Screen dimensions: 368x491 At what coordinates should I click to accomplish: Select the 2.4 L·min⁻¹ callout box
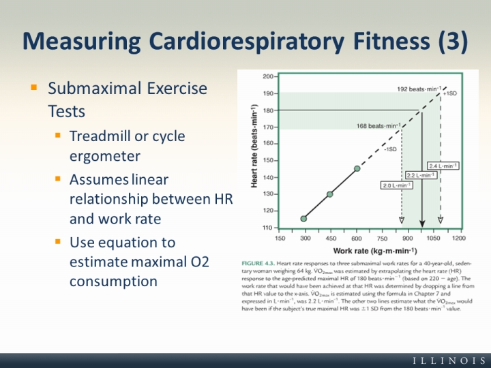[x=443, y=166]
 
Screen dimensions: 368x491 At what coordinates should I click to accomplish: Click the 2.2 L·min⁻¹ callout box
[x=421, y=175]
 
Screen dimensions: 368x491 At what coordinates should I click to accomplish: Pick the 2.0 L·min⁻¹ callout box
[x=396, y=185]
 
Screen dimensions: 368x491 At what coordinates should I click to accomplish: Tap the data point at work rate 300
[x=303, y=219]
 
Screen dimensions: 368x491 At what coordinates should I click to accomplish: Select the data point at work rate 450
[x=330, y=194]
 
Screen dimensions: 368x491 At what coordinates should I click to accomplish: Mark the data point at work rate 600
[x=357, y=168]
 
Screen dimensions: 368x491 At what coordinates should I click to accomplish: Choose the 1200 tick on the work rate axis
[x=459, y=239]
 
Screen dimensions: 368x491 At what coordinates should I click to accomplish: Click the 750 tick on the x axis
[x=382, y=239]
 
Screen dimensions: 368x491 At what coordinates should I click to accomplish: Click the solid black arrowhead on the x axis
[x=422, y=222]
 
